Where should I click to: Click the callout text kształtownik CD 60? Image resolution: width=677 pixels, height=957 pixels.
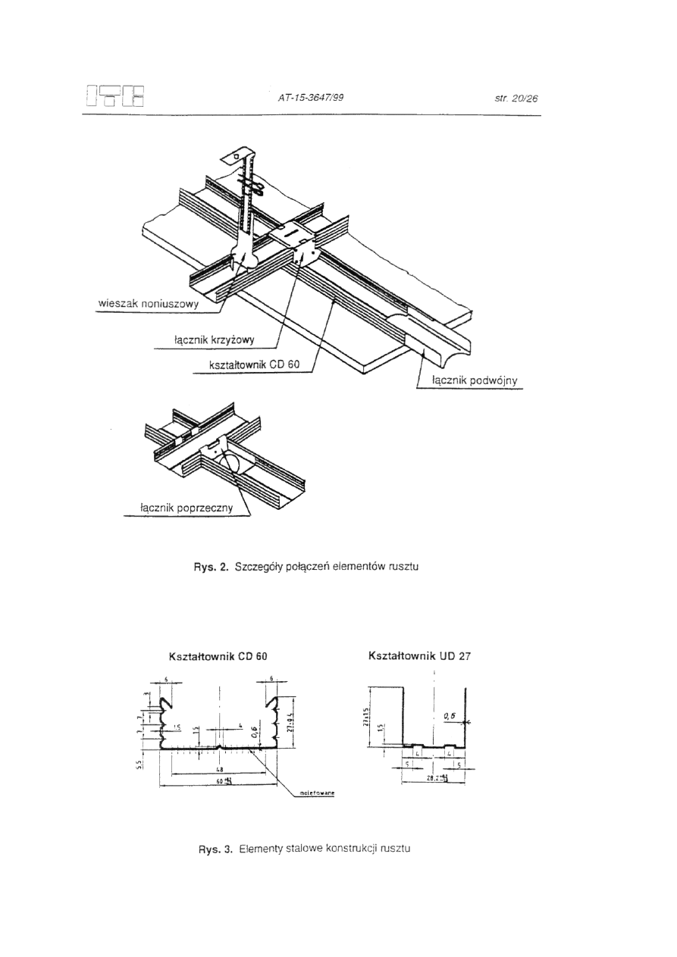[x=255, y=364]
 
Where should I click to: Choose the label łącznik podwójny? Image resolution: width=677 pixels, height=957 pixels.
[x=474, y=381]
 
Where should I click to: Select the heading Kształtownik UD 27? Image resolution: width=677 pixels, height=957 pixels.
[x=419, y=656]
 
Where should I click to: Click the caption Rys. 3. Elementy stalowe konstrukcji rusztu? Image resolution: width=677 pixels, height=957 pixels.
[x=305, y=849]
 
